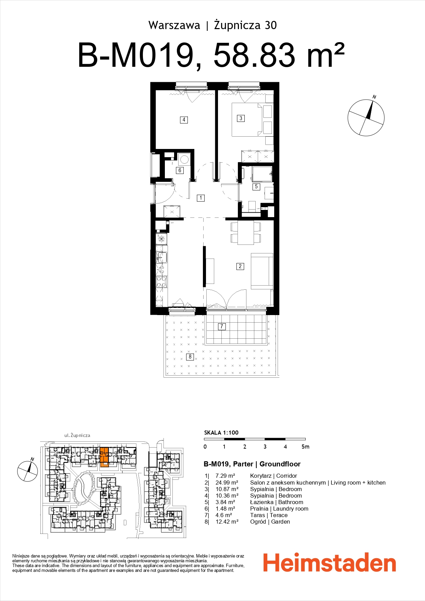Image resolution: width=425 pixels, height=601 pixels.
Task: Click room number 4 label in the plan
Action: tap(184, 120)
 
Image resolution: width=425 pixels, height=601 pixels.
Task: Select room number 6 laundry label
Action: tap(180, 170)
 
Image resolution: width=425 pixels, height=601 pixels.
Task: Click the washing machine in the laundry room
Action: tap(184, 159)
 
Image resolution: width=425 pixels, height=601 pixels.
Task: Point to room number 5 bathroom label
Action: tap(256, 187)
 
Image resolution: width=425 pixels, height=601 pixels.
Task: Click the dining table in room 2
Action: tap(246, 233)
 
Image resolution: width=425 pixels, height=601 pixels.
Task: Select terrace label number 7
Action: tap(222, 326)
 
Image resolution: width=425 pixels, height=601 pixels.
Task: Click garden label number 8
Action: tap(190, 356)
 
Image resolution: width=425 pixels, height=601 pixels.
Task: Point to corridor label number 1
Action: tap(201, 198)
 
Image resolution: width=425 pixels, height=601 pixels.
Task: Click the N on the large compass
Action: tap(374, 97)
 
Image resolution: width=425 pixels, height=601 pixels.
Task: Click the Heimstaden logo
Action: tap(329, 563)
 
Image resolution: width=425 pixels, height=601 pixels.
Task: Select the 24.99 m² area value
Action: tap(227, 483)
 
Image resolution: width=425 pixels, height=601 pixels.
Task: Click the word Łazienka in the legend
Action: tap(262, 502)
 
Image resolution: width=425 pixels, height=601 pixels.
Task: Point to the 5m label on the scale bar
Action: tap(305, 447)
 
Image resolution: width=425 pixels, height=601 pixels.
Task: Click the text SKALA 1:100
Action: tap(221, 433)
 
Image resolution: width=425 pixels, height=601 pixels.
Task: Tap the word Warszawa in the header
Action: tap(174, 25)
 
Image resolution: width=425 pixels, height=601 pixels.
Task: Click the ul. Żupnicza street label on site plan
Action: tap(77, 435)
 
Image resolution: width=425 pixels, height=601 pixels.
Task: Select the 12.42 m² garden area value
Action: tap(227, 522)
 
